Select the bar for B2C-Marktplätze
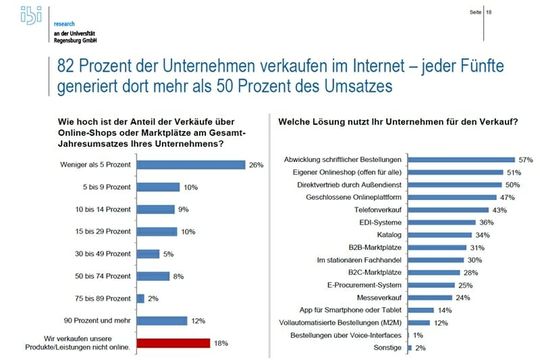tap(436, 271)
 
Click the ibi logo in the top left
tap(19, 21)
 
